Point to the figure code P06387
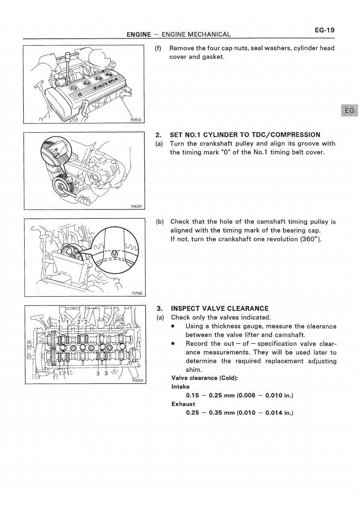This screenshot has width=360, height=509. point(137,206)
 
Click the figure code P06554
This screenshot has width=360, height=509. point(137,380)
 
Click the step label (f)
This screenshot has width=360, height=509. point(158,48)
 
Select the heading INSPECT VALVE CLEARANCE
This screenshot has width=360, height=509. point(220,309)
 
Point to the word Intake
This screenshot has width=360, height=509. point(180,386)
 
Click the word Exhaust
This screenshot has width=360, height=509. point(183,404)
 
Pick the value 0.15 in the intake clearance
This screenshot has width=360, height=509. point(193,395)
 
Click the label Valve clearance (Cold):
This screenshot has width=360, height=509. point(204,378)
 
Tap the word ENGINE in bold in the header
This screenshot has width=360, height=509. point(139,35)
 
